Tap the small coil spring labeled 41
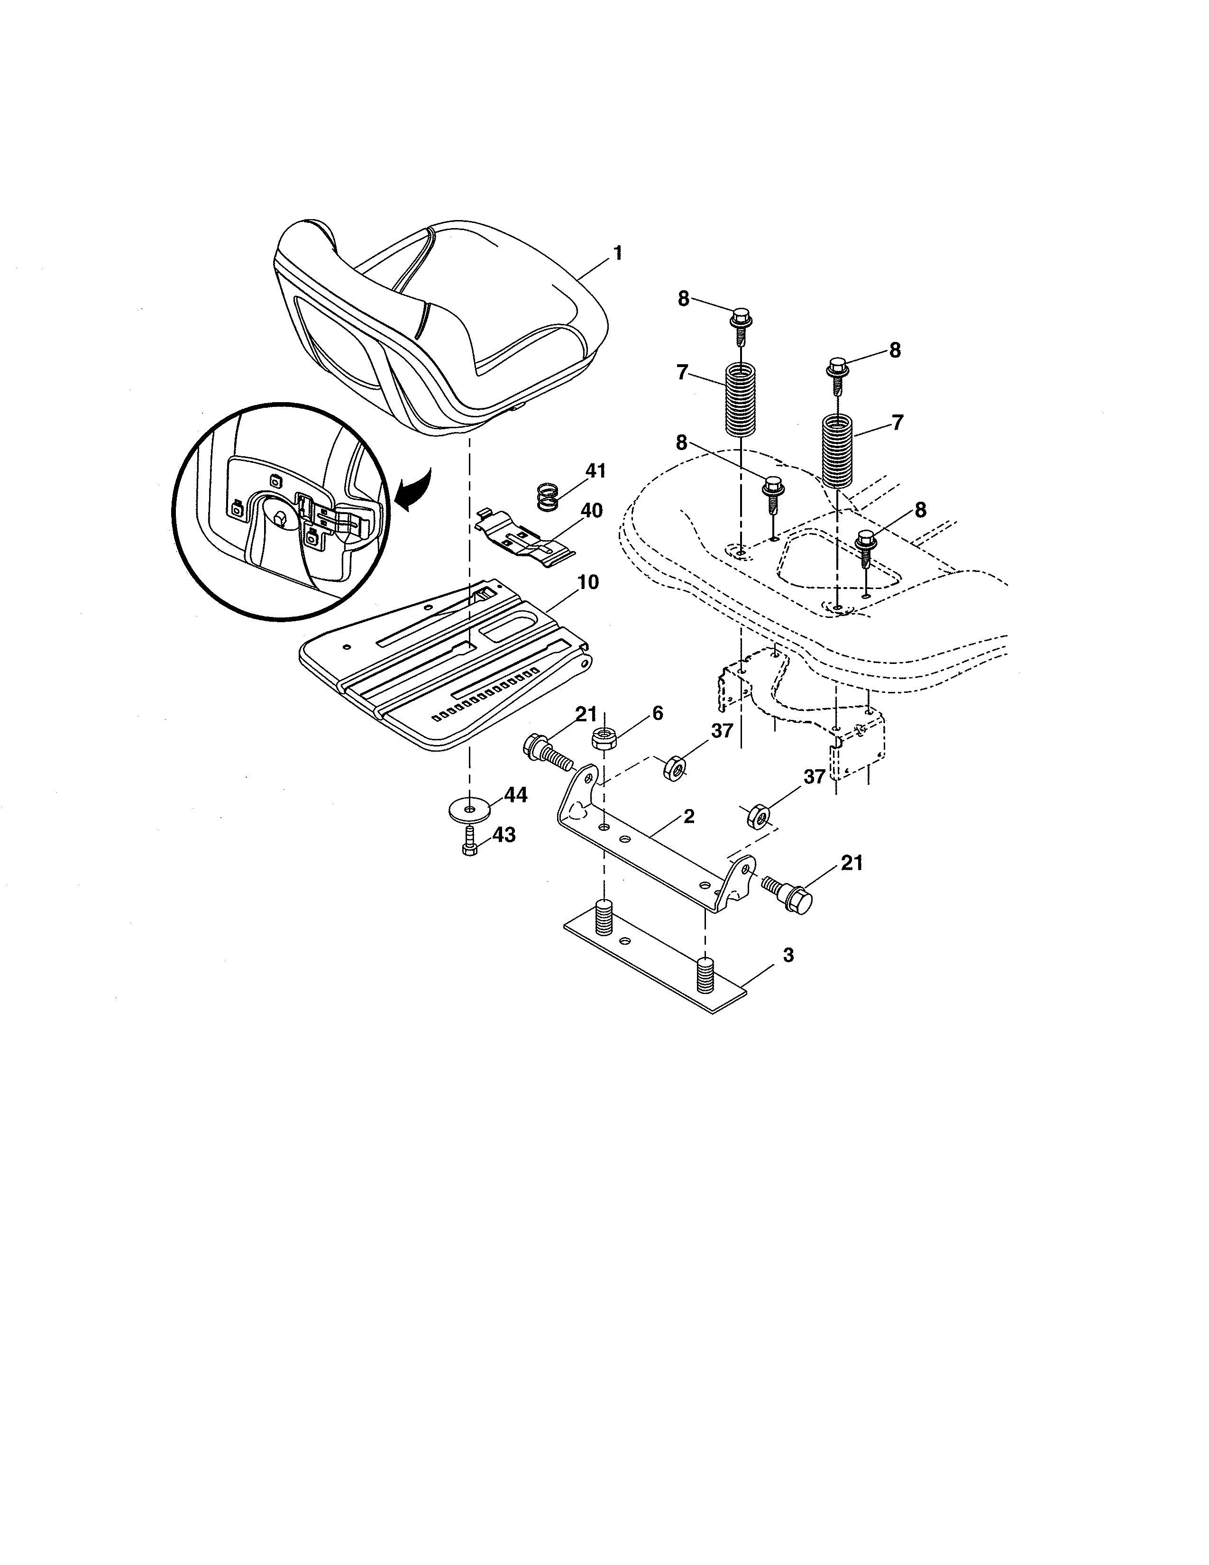pyautogui.click(x=548, y=496)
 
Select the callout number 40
pyautogui.click(x=591, y=511)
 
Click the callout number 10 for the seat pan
pyautogui.click(x=587, y=582)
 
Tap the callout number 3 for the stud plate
pyautogui.click(x=788, y=955)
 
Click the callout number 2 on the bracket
pyautogui.click(x=688, y=816)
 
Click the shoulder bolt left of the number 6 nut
pyautogui.click(x=547, y=752)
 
